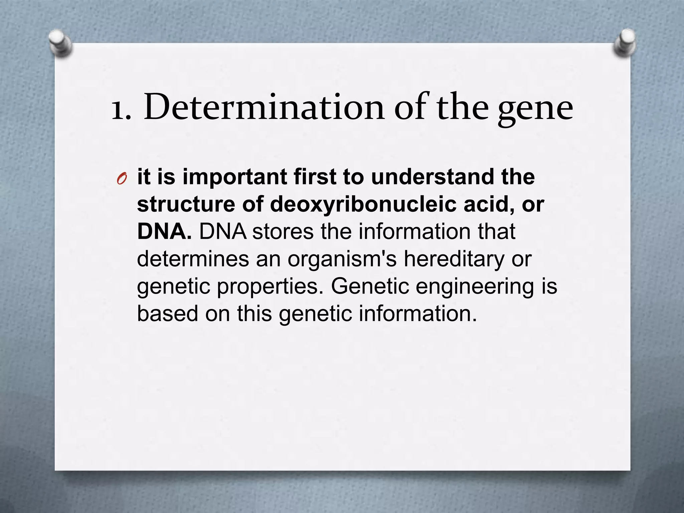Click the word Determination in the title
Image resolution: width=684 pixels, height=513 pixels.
tap(264, 108)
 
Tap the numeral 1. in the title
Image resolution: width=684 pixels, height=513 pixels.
tap(121, 109)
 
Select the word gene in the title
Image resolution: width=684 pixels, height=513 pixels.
tap(535, 110)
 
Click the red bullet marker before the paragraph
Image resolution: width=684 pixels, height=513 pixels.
tap(122, 179)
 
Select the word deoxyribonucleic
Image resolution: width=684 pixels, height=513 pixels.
tap(363, 204)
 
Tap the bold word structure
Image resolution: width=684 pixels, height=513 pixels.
tap(186, 204)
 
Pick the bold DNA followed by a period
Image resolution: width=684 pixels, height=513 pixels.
tap(164, 231)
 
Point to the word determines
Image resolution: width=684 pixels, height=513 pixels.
tap(193, 259)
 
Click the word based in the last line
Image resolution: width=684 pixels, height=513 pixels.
tap(168, 314)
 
